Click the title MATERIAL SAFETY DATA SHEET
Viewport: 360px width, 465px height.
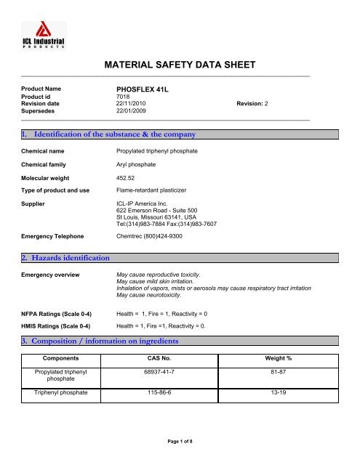tap(180, 65)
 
